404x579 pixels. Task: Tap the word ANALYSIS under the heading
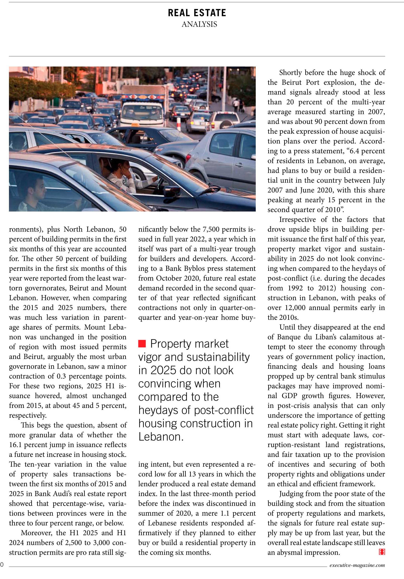pos(199,24)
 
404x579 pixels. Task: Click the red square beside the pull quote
pos(142,343)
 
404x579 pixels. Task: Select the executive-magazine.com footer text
pos(357,565)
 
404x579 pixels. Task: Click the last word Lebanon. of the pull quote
pos(161,437)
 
